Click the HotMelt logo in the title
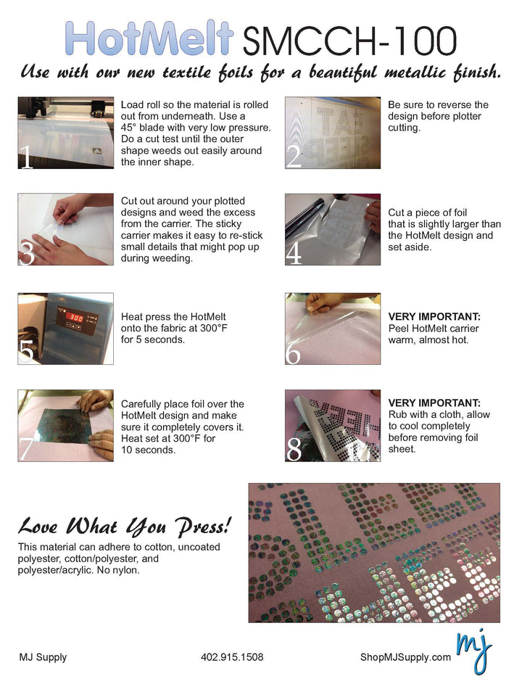pos(149,38)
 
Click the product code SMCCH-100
pos(349,41)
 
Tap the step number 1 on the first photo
pos(27,157)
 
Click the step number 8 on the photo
pos(294,449)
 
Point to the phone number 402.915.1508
pos(232,657)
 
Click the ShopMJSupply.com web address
pos(405,657)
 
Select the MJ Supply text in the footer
pos(43,657)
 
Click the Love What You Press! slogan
pos(125,527)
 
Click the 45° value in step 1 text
pos(128,128)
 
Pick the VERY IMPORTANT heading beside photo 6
pos(434,317)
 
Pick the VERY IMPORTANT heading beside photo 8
pos(434,403)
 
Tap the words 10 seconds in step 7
pos(148,450)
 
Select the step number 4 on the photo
pos(294,255)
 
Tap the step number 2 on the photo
pos(294,157)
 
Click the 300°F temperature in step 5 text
pos(214,328)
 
